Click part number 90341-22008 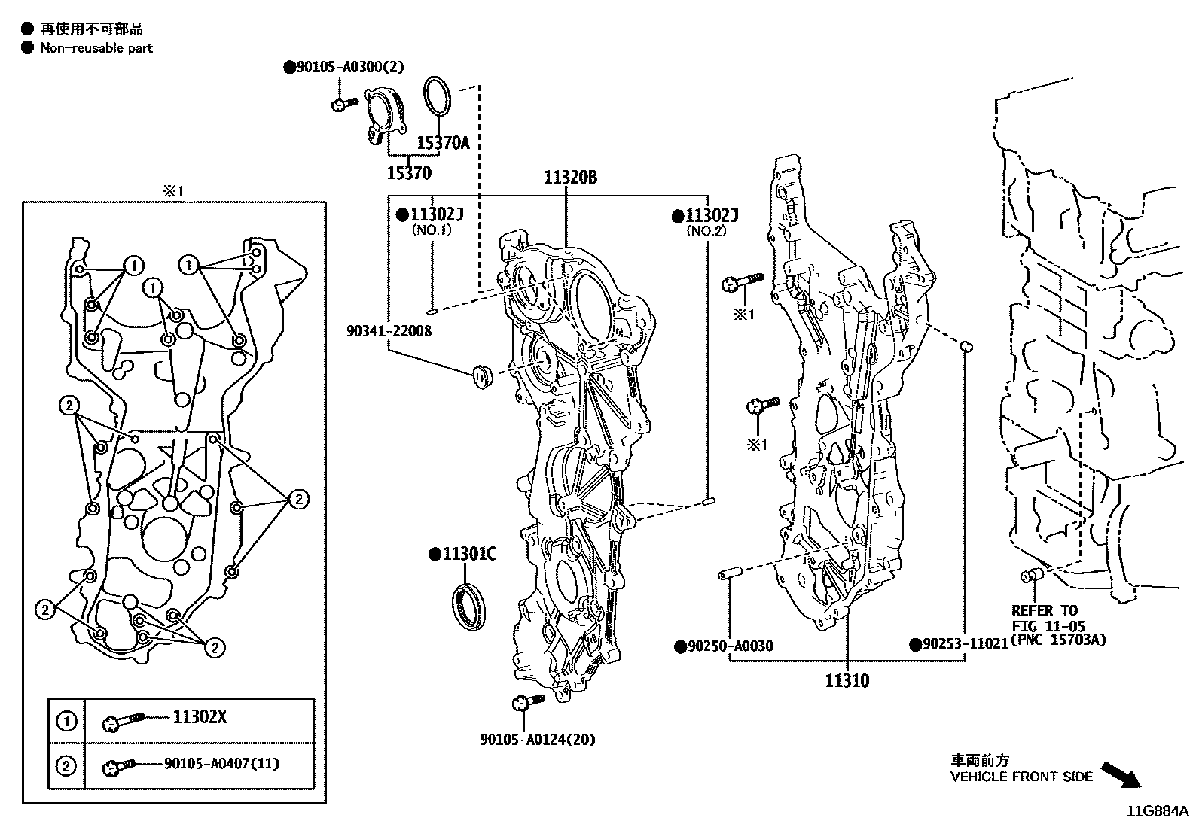pyautogui.click(x=389, y=330)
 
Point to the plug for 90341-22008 pyautogui.click(x=480, y=374)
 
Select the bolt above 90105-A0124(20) pyautogui.click(x=526, y=703)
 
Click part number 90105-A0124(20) pyautogui.click(x=537, y=740)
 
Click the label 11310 pyautogui.click(x=847, y=681)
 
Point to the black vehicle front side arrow pyautogui.click(x=1120, y=774)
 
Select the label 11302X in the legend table pyautogui.click(x=199, y=717)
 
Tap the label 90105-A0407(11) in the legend pyautogui.click(x=221, y=764)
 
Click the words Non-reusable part pyautogui.click(x=96, y=48)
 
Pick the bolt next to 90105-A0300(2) pyautogui.click(x=343, y=103)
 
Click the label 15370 pyautogui.click(x=409, y=174)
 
